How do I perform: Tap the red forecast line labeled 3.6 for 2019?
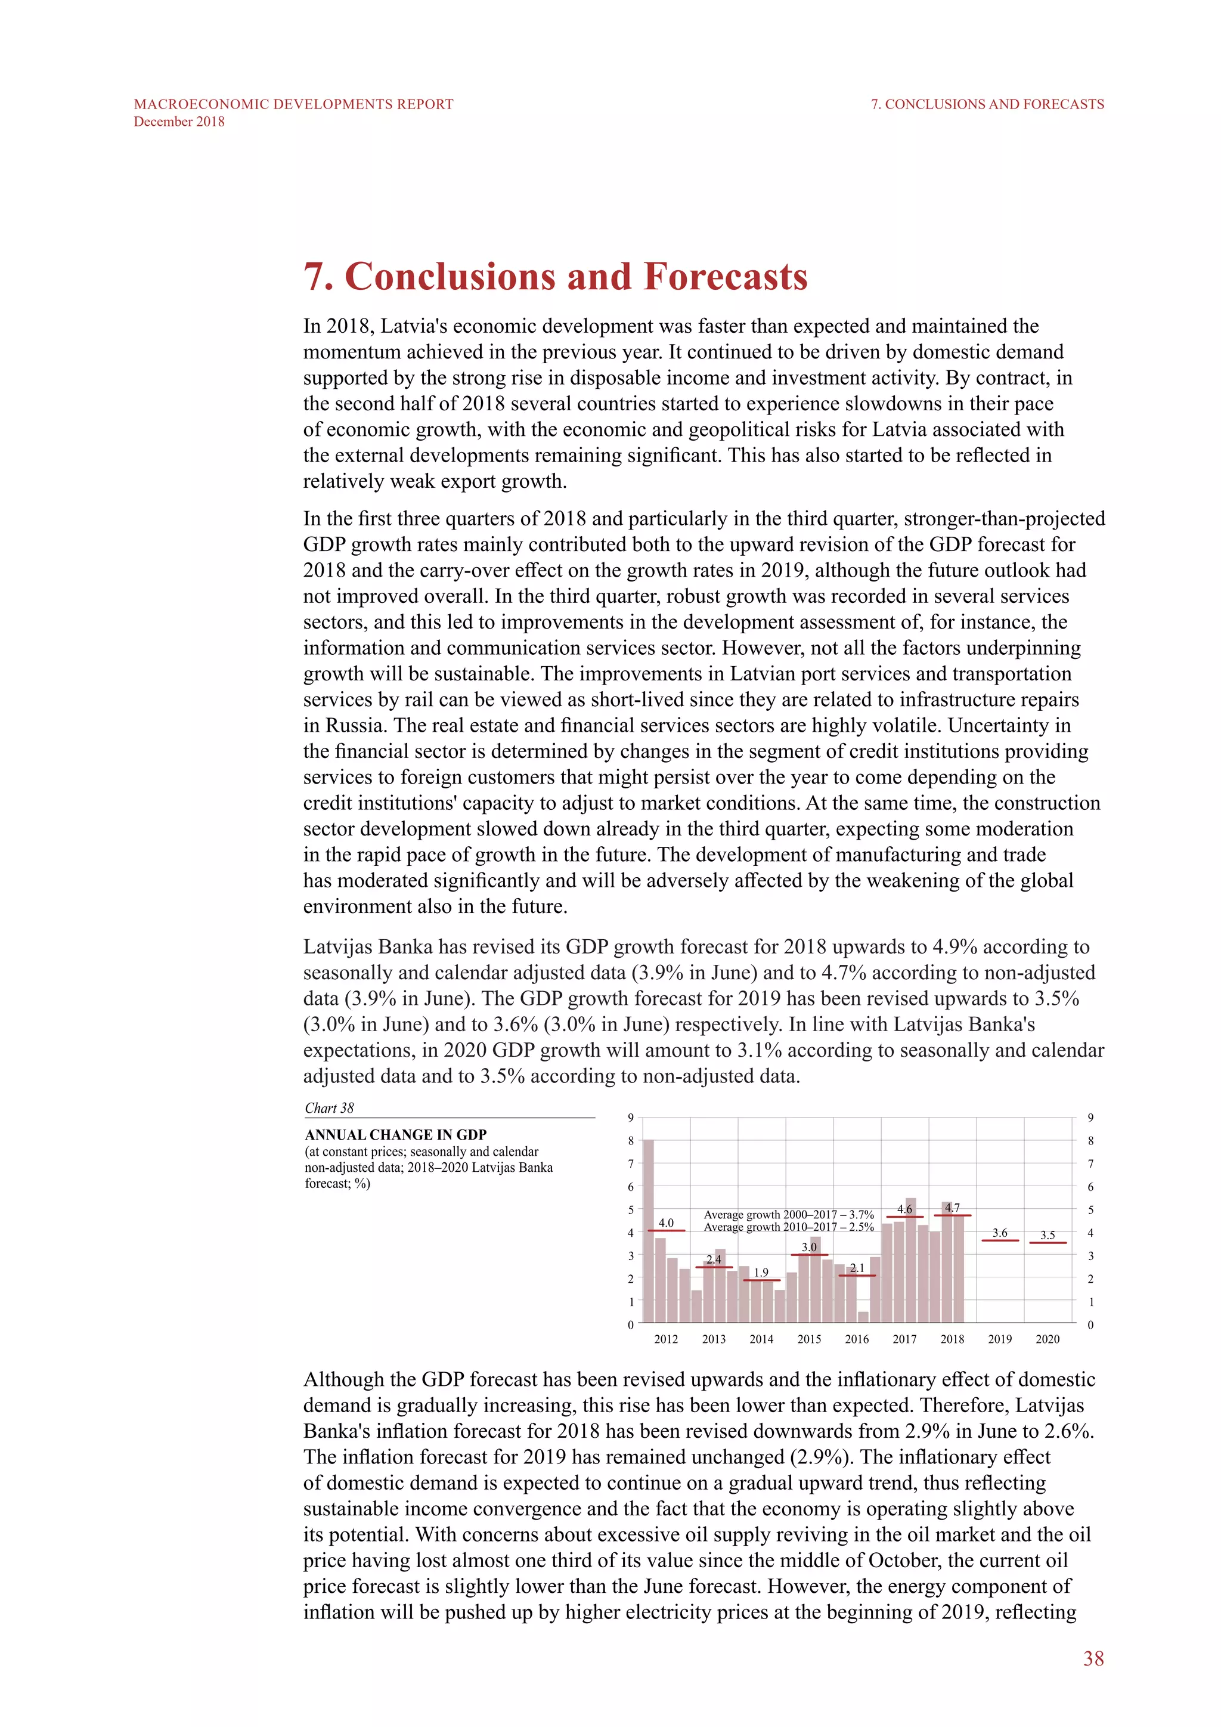[x=1000, y=1240]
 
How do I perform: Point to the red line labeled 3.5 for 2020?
[x=1048, y=1243]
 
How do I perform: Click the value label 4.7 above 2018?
[x=952, y=1207]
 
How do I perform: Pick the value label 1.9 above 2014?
[x=761, y=1272]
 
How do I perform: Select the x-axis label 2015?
[x=809, y=1339]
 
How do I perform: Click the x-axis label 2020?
[x=1048, y=1339]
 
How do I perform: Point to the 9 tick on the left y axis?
[x=631, y=1118]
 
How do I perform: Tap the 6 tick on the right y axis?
[x=1090, y=1187]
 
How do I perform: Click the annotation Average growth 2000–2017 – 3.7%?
[x=788, y=1214]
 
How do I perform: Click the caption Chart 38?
[x=329, y=1108]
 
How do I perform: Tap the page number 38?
[x=1093, y=1658]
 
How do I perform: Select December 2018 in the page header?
[x=179, y=122]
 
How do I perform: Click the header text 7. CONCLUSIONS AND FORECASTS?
[x=987, y=104]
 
